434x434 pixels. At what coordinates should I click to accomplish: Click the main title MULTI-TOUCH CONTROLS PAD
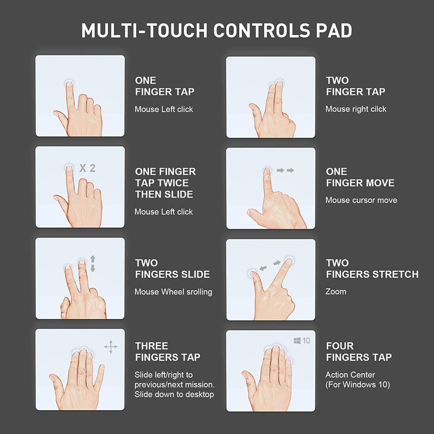click(x=216, y=30)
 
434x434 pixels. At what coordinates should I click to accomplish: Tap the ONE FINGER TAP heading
click(x=164, y=86)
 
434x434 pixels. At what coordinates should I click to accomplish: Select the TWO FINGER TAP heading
click(x=355, y=86)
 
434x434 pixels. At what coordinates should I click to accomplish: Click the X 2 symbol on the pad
click(x=87, y=168)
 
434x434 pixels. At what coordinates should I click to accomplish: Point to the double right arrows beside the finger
click(x=285, y=170)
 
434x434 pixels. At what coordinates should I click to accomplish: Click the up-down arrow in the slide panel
click(x=92, y=263)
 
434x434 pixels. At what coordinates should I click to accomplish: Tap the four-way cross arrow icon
click(x=111, y=347)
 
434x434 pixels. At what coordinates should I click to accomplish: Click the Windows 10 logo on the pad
click(x=302, y=341)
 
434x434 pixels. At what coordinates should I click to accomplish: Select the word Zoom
click(x=336, y=291)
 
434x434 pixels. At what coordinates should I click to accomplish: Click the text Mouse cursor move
click(x=361, y=200)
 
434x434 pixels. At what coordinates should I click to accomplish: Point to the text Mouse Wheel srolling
click(x=173, y=292)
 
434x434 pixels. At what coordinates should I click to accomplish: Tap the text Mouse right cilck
click(x=356, y=109)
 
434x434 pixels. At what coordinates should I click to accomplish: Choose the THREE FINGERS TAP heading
click(x=168, y=352)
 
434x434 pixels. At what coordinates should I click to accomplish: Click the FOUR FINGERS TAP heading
click(x=359, y=352)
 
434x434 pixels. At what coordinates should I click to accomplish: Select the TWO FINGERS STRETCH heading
click(x=372, y=269)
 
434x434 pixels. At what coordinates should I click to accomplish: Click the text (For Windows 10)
click(x=358, y=385)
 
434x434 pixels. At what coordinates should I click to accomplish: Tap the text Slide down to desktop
click(x=174, y=394)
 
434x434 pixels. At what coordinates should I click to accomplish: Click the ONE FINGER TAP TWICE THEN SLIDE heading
click(x=165, y=183)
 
